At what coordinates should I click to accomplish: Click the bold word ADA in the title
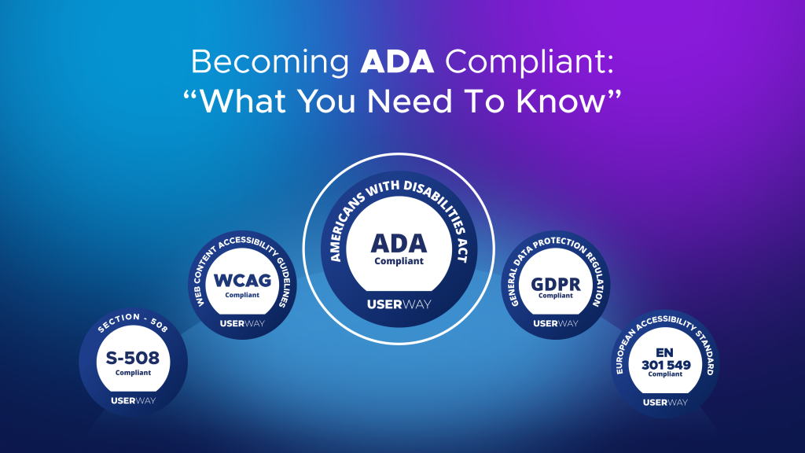tap(396, 62)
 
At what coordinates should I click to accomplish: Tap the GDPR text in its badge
tap(556, 282)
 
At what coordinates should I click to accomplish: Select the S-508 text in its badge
tap(133, 359)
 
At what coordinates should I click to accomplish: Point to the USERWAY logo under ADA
tap(399, 304)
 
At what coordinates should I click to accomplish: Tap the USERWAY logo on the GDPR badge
tap(556, 323)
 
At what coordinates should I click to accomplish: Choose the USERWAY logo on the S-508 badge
tap(133, 401)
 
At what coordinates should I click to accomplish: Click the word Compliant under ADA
tap(399, 261)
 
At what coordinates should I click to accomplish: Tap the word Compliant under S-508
tap(133, 373)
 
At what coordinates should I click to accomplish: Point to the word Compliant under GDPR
tap(556, 296)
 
